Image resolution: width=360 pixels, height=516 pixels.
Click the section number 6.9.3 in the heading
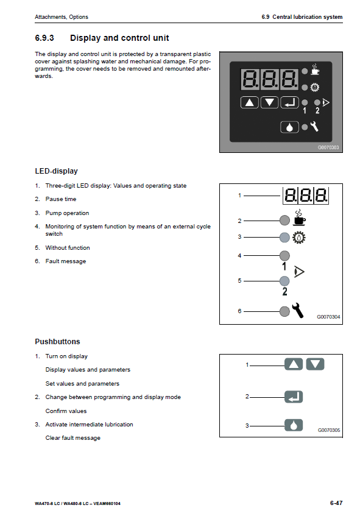pos(44,38)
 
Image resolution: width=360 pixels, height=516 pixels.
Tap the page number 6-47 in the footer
pos(336,503)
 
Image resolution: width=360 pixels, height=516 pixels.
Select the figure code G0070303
pos(328,147)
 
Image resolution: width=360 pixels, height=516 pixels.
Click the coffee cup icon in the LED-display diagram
pos(299,217)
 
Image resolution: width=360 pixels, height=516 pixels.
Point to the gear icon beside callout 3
pos(299,237)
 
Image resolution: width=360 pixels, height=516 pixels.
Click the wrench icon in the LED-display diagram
pos(298,310)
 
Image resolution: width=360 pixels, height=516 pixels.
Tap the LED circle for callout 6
pos(284,311)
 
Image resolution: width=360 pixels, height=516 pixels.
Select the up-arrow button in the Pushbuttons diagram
pos(294,364)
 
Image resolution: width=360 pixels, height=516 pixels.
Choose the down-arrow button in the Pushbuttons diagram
pos(316,364)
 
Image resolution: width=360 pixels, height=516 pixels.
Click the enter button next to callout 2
pos(294,397)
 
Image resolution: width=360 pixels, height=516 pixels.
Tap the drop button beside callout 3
pos(294,425)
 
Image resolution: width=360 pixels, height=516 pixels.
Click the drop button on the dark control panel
pos(289,127)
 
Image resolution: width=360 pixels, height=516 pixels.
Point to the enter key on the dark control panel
pos(289,103)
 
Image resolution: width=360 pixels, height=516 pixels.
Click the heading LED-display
pos(56,171)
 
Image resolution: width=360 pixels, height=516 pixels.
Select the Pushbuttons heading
pos(57,342)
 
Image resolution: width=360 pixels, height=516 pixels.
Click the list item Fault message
pos(66,261)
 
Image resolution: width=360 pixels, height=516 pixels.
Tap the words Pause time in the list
pos(61,199)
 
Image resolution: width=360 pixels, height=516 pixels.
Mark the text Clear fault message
pos(72,438)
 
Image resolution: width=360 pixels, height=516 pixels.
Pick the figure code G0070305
pos(329,430)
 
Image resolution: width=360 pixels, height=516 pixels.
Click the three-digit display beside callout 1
pos(306,196)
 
